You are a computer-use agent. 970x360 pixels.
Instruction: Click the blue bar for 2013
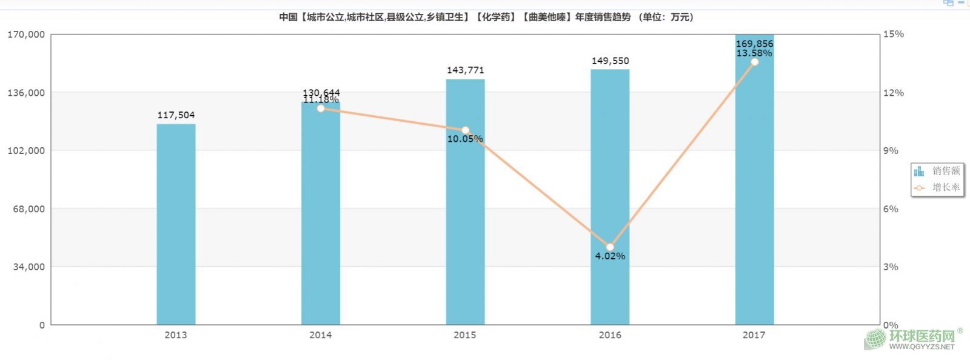[176, 224]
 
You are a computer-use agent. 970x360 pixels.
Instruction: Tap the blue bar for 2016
[610, 182]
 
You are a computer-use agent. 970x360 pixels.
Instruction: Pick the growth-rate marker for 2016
[610, 247]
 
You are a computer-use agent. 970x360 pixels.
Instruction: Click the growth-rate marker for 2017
[754, 62]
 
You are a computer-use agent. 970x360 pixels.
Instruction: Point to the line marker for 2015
[465, 130]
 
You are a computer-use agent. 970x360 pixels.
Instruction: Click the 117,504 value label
[176, 115]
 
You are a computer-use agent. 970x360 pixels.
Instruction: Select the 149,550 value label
[610, 61]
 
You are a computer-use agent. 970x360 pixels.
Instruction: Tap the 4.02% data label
[610, 256]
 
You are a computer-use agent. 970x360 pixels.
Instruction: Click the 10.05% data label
[465, 139]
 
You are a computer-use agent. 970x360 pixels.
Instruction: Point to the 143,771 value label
[465, 70]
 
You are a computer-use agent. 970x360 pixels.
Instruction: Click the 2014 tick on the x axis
[320, 335]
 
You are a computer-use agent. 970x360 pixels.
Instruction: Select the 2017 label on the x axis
[754, 335]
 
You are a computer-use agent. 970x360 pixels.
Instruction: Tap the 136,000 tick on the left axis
[27, 93]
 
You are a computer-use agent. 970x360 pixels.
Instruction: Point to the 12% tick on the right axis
[893, 93]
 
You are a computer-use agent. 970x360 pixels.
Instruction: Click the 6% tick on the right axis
[891, 209]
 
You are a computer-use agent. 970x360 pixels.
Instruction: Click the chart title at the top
[486, 17]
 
